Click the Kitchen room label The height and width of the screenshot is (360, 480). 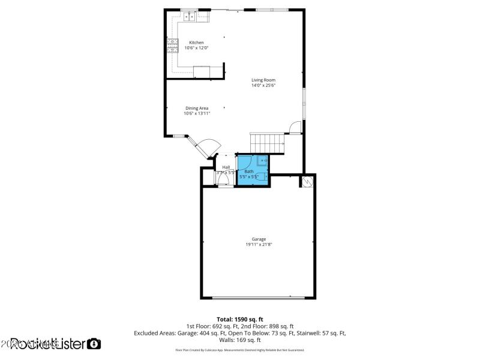click(x=196, y=43)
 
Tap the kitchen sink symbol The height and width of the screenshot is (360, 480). click(x=190, y=16)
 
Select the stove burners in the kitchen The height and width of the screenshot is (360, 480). click(x=172, y=45)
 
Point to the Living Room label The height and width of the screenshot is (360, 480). click(x=263, y=80)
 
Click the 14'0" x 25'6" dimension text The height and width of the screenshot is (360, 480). click(x=263, y=85)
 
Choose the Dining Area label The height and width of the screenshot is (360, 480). click(x=196, y=108)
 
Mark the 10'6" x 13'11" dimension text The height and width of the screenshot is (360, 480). click(x=196, y=113)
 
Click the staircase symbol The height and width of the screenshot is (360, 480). click(x=266, y=143)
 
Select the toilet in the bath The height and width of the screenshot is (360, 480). click(x=262, y=161)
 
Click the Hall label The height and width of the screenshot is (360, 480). click(x=226, y=167)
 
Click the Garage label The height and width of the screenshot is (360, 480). click(x=259, y=239)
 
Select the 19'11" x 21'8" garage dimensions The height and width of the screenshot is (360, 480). click(x=259, y=245)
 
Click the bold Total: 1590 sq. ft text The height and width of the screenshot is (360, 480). click(x=240, y=319)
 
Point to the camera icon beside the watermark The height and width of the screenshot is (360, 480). click(x=94, y=344)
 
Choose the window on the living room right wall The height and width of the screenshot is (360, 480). click(x=304, y=103)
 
